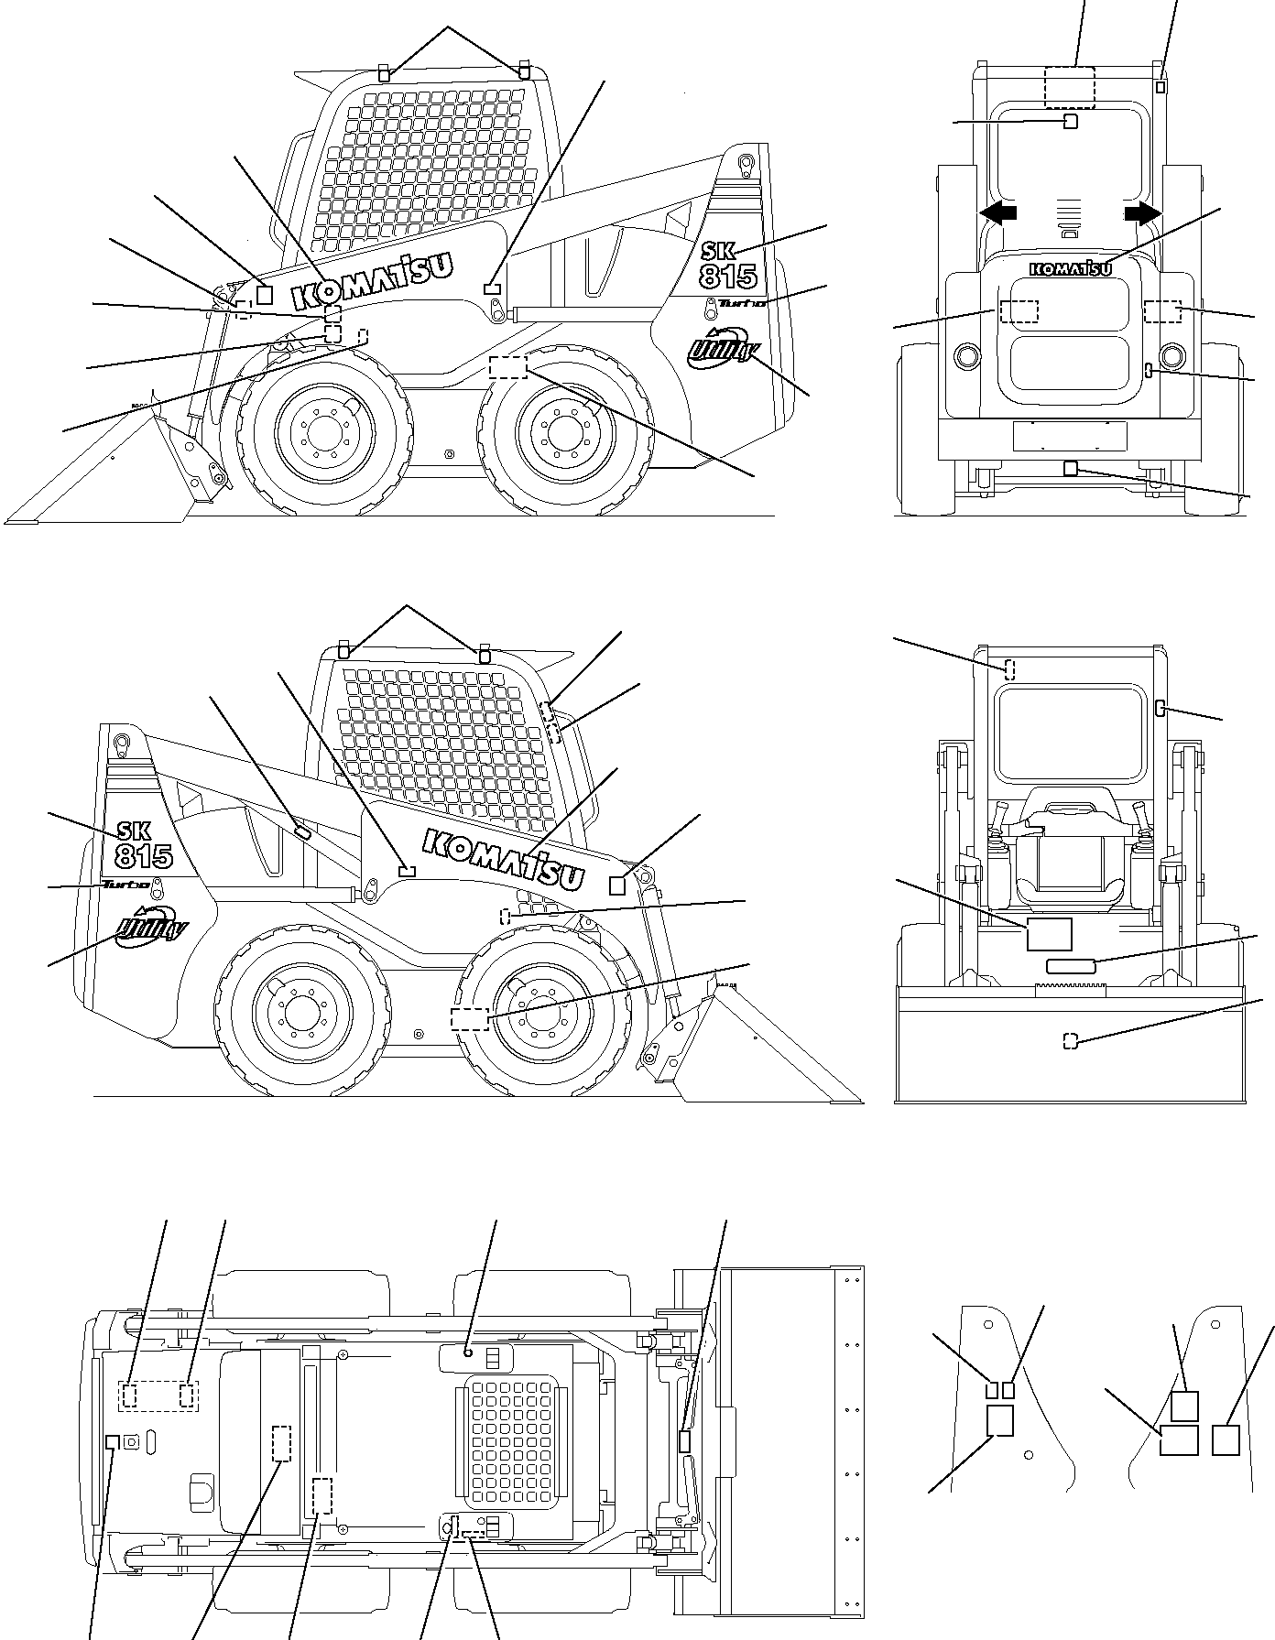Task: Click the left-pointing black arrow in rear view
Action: tap(997, 212)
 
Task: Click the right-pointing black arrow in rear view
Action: tap(1143, 212)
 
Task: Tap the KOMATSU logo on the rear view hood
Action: tap(1071, 268)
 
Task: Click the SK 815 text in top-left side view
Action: tap(729, 263)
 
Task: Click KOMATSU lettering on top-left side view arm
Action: tap(374, 280)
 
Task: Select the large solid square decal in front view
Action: tap(1049, 933)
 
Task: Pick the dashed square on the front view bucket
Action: tap(1070, 1040)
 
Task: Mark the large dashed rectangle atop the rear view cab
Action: tap(1069, 87)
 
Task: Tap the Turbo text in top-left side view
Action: tap(741, 303)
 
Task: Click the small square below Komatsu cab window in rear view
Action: tap(1070, 122)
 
